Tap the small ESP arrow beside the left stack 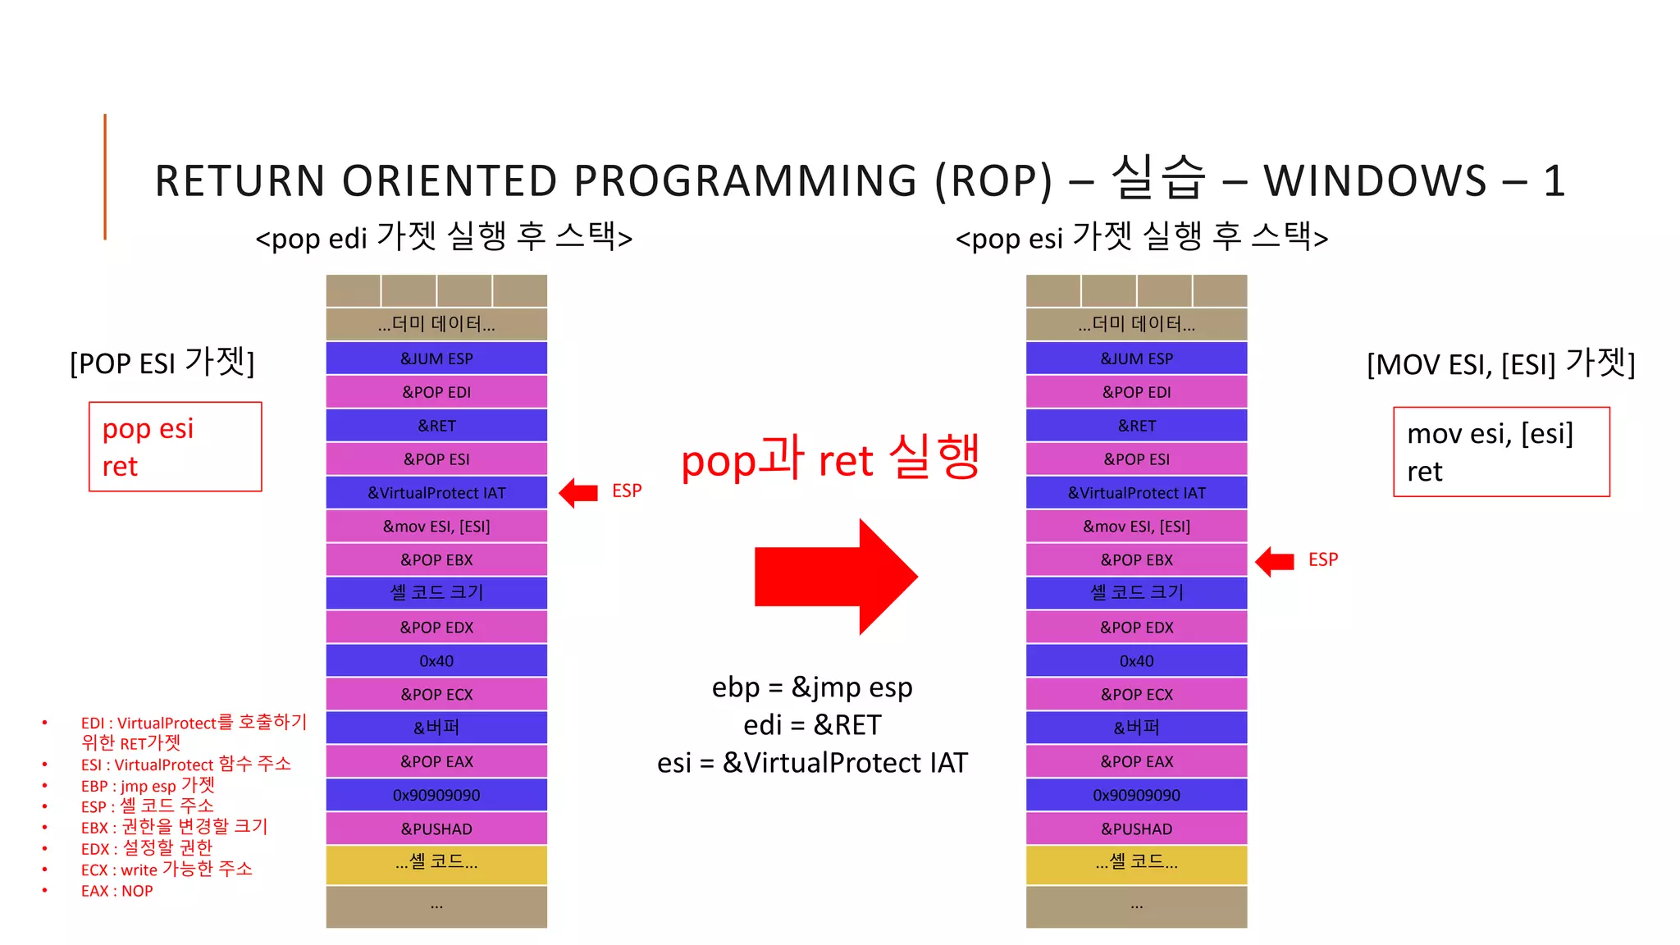click(x=579, y=493)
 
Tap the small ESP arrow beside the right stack click(x=1275, y=562)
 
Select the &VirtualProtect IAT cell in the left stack click(x=436, y=493)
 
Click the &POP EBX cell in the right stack click(x=1136, y=560)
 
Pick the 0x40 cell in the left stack click(x=436, y=661)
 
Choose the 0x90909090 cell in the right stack click(x=1136, y=796)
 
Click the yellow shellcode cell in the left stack click(x=436, y=864)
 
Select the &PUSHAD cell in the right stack click(x=1136, y=829)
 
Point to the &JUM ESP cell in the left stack click(x=436, y=358)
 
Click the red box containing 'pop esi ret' click(x=175, y=447)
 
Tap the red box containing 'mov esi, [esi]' click(x=1501, y=452)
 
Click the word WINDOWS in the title click(x=1375, y=181)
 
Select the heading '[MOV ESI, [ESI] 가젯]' click(x=1500, y=363)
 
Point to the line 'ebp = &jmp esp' click(x=812, y=687)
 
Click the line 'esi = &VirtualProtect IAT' click(x=812, y=764)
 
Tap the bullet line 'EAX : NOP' click(x=116, y=891)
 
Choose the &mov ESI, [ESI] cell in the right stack click(x=1136, y=527)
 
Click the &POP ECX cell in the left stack click(x=436, y=695)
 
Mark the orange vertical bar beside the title click(x=105, y=176)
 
